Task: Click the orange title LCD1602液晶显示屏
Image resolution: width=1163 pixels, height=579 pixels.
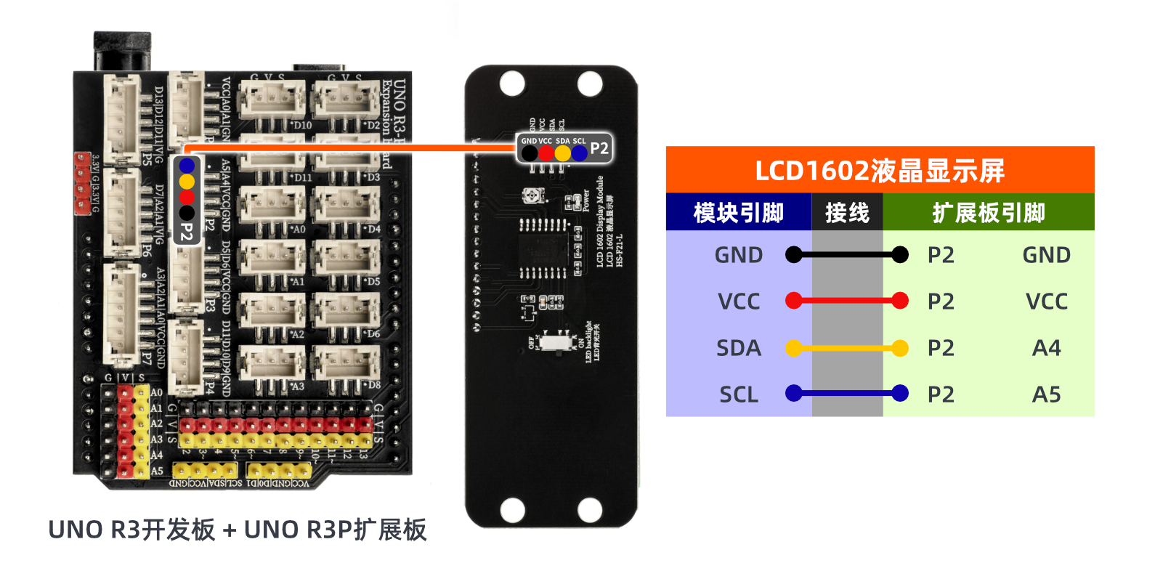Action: click(879, 171)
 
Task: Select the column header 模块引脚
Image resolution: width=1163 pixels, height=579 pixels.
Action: click(738, 213)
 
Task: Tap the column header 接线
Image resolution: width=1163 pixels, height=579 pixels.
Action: click(847, 213)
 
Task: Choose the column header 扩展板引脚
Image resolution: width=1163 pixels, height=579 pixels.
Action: click(988, 213)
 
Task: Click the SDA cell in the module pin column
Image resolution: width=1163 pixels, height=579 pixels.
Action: click(738, 348)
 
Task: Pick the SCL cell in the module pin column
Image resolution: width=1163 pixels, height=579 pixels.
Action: click(738, 394)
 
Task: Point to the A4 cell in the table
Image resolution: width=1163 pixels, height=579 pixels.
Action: click(1046, 348)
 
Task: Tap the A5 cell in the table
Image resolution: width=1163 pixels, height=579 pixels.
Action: click(1046, 394)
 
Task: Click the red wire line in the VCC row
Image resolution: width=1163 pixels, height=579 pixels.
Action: click(847, 301)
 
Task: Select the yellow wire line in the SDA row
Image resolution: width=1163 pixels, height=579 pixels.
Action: click(847, 349)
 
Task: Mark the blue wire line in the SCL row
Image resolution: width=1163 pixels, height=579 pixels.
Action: click(847, 394)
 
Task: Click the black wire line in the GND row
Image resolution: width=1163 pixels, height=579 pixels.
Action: click(847, 254)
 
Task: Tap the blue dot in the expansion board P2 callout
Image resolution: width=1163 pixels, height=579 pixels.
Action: click(187, 166)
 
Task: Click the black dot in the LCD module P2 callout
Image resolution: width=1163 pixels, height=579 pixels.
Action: click(530, 153)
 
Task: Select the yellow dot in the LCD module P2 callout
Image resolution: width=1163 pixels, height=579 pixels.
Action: click(562, 153)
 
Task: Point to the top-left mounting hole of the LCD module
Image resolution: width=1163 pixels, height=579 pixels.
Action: click(512, 84)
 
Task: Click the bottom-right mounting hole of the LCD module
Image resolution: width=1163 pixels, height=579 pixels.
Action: click(589, 510)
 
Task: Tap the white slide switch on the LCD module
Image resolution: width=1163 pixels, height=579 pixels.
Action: click(558, 341)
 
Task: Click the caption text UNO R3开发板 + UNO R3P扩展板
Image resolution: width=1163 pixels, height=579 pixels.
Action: click(237, 530)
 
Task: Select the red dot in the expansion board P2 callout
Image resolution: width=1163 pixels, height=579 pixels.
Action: click(187, 197)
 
